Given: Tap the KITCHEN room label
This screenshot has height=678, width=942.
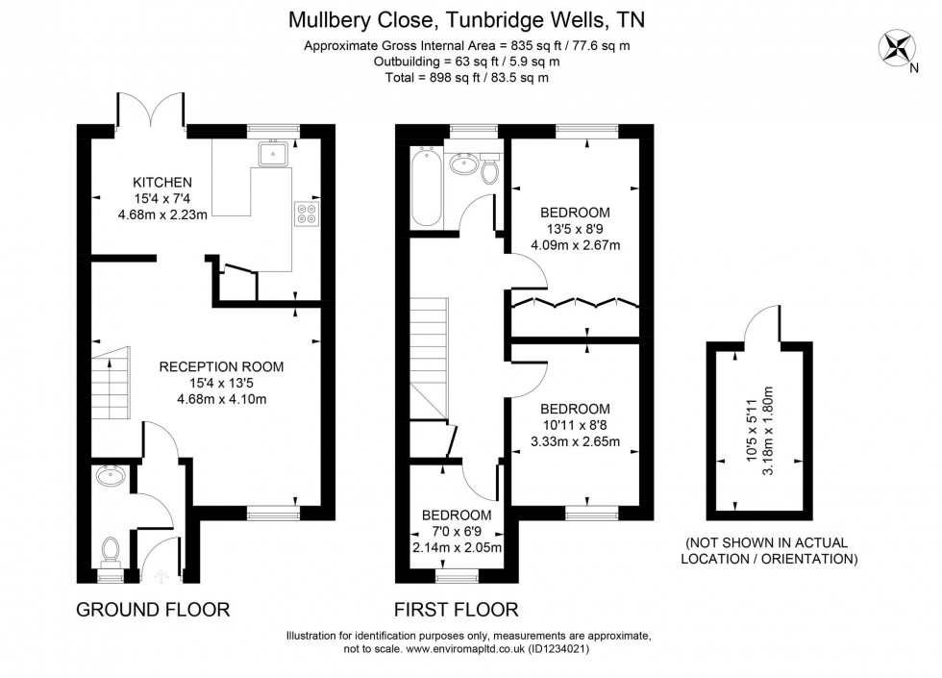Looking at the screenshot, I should tap(162, 182).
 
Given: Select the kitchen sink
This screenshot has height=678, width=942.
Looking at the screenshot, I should tap(274, 153).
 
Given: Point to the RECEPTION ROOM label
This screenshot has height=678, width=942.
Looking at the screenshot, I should tap(221, 366).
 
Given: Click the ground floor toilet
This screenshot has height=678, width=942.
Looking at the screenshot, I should tap(111, 551).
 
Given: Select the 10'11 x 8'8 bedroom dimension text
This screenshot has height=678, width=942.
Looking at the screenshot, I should tap(575, 425).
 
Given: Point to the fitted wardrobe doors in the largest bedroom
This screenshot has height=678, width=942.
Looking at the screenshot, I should tap(574, 303).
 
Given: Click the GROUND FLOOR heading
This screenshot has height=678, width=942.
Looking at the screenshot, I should tap(153, 609).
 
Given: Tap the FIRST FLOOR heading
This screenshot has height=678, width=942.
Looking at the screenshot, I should tap(457, 609).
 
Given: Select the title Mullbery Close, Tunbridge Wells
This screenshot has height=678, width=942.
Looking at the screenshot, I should tap(470, 19).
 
